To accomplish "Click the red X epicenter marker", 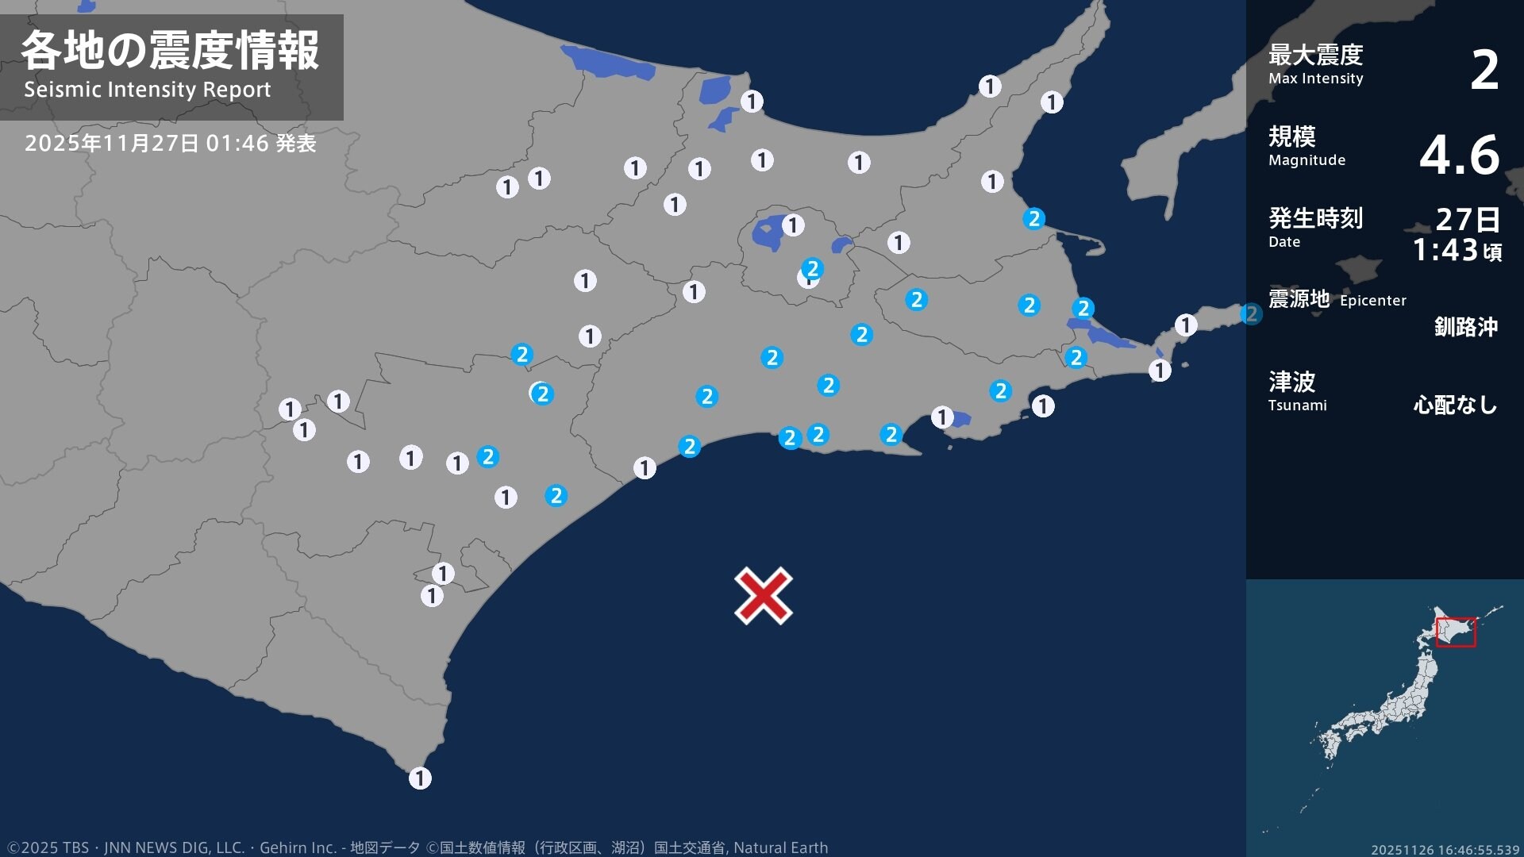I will [763, 595].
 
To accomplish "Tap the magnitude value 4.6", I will [1459, 155].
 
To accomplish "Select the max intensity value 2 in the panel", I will [1484, 70].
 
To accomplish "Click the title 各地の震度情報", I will [170, 51].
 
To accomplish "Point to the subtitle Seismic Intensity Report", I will [147, 90].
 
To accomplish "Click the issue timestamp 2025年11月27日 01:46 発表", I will [170, 144].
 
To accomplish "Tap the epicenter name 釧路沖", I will [1465, 327].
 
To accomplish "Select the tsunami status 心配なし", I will [1455, 405].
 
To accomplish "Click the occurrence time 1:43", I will [1445, 251].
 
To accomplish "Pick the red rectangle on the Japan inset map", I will [1456, 632].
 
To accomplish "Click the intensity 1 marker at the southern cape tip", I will [420, 778].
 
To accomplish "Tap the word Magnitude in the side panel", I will [1307, 160].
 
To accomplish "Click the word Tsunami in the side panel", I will [1297, 405].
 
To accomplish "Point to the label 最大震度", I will [1315, 55].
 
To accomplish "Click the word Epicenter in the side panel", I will [1372, 301].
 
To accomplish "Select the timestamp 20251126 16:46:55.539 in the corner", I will [1445, 850].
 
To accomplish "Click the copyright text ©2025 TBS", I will [48, 847].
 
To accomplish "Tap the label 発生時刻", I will [1315, 218].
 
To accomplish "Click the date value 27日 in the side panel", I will [1468, 219].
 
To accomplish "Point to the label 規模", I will [1291, 136].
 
